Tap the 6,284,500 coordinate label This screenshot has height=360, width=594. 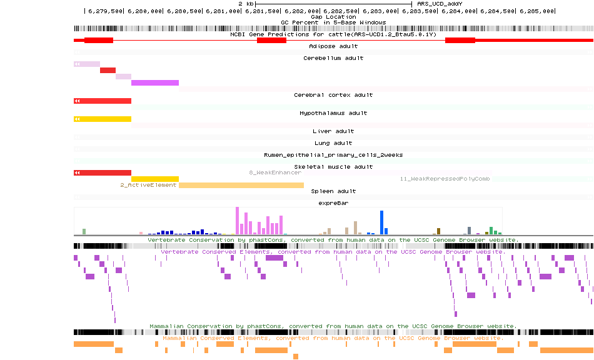[500, 11]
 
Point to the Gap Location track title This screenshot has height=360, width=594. [333, 17]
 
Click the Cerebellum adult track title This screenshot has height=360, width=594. [333, 58]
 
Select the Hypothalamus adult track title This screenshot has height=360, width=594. [333, 113]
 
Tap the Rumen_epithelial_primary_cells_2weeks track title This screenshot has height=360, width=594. [333, 154]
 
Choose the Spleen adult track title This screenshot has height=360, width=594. [333, 191]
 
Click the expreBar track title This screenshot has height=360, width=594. [333, 203]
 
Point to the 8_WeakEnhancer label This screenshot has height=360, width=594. [275, 172]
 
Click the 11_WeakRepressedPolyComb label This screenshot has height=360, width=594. [445, 179]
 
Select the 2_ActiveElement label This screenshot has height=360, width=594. [148, 185]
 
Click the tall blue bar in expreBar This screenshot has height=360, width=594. [381, 222]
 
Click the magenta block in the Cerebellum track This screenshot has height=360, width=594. [155, 82]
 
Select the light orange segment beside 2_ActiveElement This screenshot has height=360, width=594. [241, 185]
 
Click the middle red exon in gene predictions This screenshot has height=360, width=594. [271, 40]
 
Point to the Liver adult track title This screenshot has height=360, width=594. [333, 131]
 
